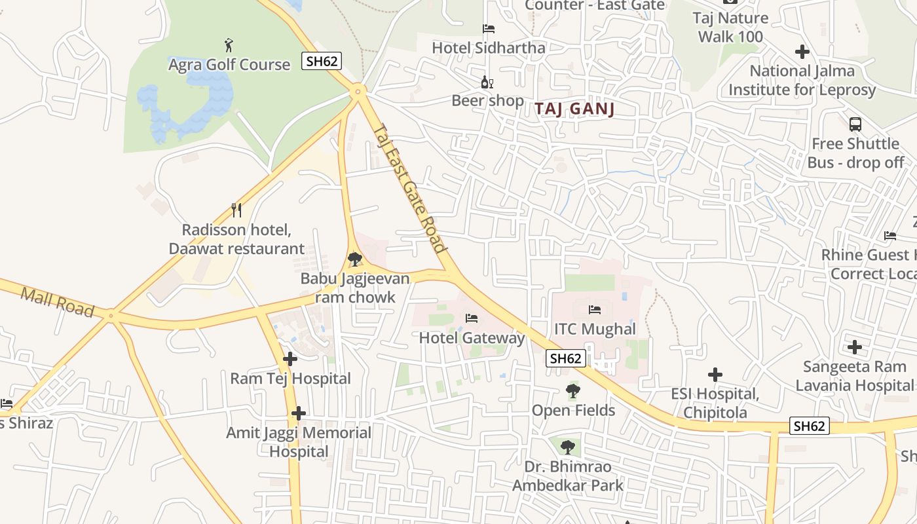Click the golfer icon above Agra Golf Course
coord(229,45)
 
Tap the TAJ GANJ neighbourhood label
coord(574,109)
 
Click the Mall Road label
coord(58,301)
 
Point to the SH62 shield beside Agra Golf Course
coord(322,62)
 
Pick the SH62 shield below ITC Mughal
coord(566,358)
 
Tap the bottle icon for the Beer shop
coord(487,83)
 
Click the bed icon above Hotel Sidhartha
coord(489,29)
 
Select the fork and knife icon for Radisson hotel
coord(236,210)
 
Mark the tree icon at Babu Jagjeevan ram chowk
coord(355,259)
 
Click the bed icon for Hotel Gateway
coord(472,318)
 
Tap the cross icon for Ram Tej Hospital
coord(290,359)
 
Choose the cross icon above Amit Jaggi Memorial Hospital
coord(299,413)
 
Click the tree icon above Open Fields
coord(573,391)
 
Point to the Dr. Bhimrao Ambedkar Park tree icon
coord(568,447)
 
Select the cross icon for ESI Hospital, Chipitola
coord(715,375)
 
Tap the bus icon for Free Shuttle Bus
coord(855,124)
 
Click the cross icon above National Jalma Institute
coord(802,51)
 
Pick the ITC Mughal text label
coord(595,329)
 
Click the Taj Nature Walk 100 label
coord(730,28)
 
